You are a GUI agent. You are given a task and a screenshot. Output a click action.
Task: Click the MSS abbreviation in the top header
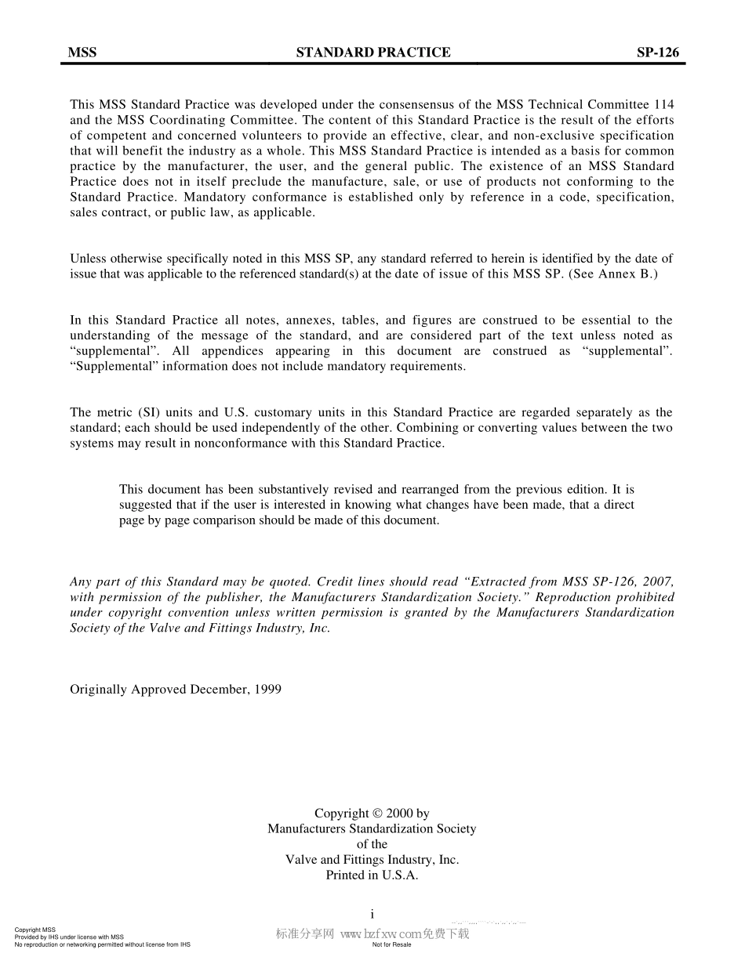(82, 53)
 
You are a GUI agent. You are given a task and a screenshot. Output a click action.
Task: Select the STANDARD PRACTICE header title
(373, 53)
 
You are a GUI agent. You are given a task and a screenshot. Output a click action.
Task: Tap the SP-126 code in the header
(657, 53)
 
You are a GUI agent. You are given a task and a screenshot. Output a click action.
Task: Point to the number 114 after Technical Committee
(663, 104)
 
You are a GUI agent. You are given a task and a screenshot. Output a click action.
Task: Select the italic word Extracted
(494, 582)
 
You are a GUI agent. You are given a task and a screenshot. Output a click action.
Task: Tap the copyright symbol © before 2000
(377, 814)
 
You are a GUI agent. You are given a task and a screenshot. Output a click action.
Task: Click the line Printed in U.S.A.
(372, 875)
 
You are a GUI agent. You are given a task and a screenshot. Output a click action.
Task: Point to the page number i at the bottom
(372, 914)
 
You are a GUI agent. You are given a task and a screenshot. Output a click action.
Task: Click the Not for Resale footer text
(391, 944)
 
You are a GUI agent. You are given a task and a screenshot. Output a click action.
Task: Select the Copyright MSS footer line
(35, 930)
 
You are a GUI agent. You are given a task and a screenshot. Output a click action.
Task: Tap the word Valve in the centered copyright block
(300, 860)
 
